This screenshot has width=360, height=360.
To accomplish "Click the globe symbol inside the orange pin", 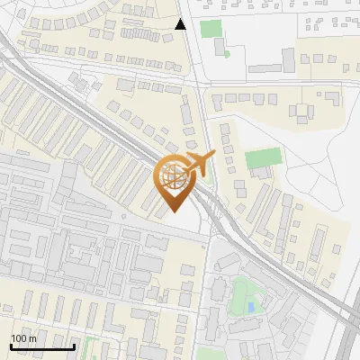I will tap(174, 176).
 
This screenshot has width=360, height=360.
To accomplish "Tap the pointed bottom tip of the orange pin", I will tap(174, 211).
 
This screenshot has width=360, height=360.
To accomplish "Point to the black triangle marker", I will tap(181, 24).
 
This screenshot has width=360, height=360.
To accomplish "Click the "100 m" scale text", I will tap(23, 338).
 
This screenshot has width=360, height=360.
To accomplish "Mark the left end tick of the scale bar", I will tap(11, 346).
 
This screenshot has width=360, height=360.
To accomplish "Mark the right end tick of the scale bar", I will tap(74, 346).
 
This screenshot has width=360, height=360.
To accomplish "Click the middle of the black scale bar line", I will tap(42, 346).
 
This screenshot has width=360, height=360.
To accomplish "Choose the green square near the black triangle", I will tap(211, 28).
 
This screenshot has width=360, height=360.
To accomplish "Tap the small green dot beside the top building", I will tap(226, 53).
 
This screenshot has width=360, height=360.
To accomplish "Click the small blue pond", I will tap(250, 308).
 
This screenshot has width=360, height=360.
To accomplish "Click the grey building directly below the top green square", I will tap(219, 47).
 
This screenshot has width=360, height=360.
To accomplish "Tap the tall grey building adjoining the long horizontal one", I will tap(288, 59).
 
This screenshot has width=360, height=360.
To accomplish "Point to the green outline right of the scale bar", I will tap(88, 343).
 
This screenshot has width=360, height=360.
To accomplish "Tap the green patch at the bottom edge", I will tap(211, 355).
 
